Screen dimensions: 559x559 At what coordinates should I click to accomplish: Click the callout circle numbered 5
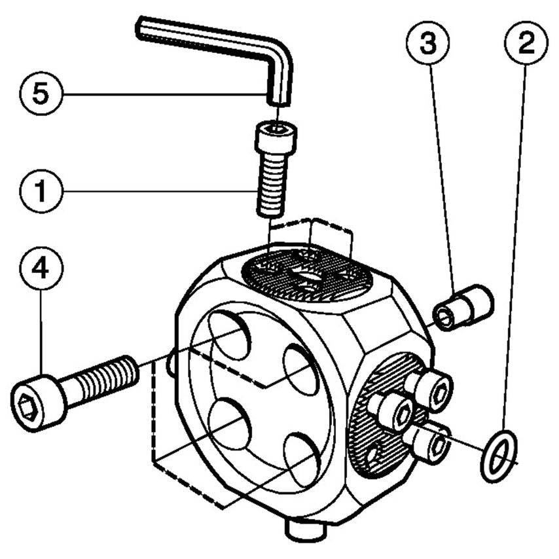tap(41, 94)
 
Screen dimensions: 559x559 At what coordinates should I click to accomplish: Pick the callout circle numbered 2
tap(526, 44)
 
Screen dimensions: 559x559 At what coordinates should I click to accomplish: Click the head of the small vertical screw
tap(275, 138)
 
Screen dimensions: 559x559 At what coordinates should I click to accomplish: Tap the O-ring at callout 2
tap(499, 456)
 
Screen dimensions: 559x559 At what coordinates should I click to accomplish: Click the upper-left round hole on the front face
tap(231, 335)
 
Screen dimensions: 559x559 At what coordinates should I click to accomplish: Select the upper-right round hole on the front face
tap(301, 369)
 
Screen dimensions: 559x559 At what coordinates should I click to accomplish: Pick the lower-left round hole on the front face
tap(230, 425)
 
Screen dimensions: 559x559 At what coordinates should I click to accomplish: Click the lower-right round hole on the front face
tap(302, 461)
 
